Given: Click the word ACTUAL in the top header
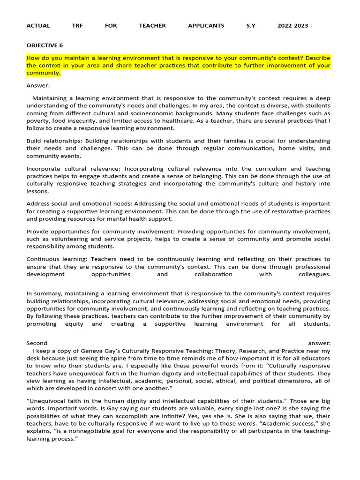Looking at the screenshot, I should pos(38,26).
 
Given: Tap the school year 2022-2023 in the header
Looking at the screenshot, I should pos(292,26).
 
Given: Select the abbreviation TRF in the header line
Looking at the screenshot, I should pos(77,26).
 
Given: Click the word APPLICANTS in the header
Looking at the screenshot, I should pos(206,26).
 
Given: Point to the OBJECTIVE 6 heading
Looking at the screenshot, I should pos(45,45).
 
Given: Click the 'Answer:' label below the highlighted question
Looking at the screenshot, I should pos(38,85).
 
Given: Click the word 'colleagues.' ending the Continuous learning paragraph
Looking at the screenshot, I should pos(315,274).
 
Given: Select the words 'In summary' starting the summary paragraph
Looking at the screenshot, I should pos(44,293).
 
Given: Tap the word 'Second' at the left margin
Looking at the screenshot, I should pos(37,343).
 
